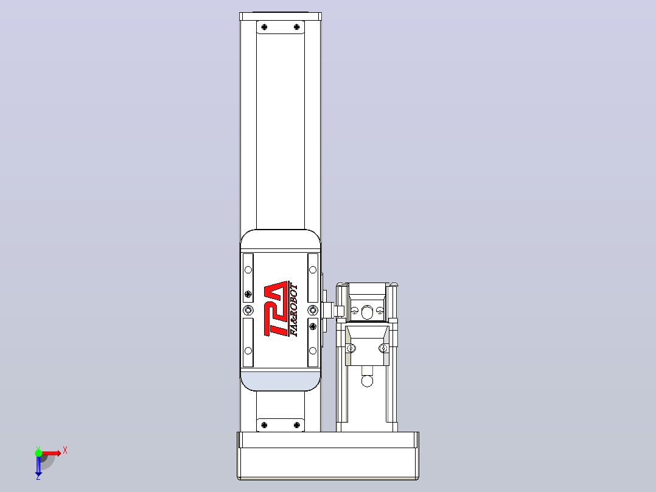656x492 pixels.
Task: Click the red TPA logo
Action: pyautogui.click(x=276, y=309)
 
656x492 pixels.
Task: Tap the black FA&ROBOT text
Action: pyautogui.click(x=294, y=311)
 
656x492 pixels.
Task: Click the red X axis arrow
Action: pyautogui.click(x=52, y=452)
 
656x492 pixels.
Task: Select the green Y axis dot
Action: pyautogui.click(x=38, y=452)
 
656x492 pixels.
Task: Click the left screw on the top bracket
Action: pyautogui.click(x=264, y=27)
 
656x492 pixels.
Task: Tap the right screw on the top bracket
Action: pyautogui.click(x=296, y=27)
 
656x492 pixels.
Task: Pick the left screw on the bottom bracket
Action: pyautogui.click(x=264, y=425)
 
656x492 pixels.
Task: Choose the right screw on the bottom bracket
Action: pyautogui.click(x=296, y=425)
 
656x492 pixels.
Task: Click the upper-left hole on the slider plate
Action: pyautogui.click(x=248, y=270)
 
